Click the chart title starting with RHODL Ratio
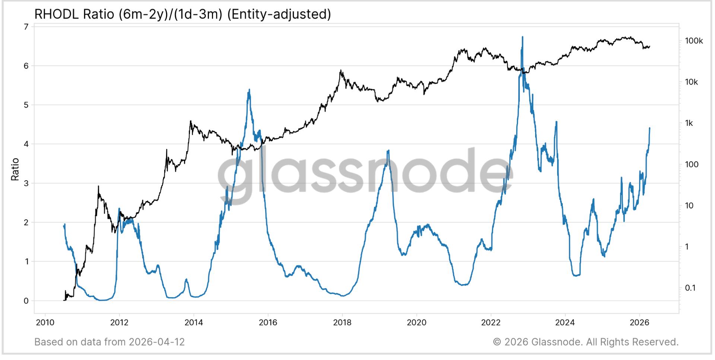coord(182,14)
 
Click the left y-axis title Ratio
coord(15,169)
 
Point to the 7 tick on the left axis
coord(26,27)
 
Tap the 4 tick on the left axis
coord(26,144)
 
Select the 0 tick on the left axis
coord(26,301)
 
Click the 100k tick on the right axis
coord(694,41)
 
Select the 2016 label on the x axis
coord(268,322)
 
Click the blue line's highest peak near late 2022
coord(522,37)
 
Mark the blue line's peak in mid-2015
coord(249,90)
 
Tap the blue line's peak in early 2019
coord(388,150)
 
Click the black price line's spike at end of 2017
coord(340,70)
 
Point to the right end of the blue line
coord(649,128)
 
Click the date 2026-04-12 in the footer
coord(156,342)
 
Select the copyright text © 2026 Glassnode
coord(536,342)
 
